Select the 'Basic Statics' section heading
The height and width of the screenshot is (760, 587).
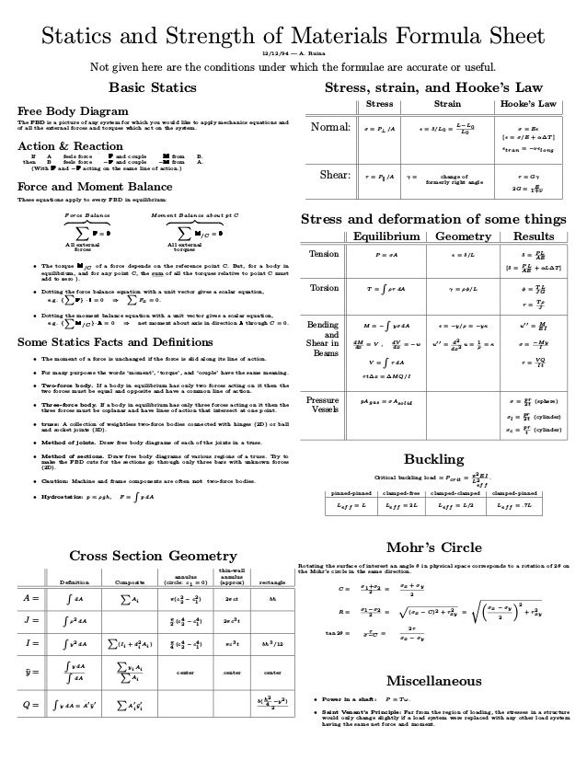pos(153,88)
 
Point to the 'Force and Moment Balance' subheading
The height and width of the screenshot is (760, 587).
pos(81,187)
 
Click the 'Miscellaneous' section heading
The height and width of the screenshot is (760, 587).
pos(436,681)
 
